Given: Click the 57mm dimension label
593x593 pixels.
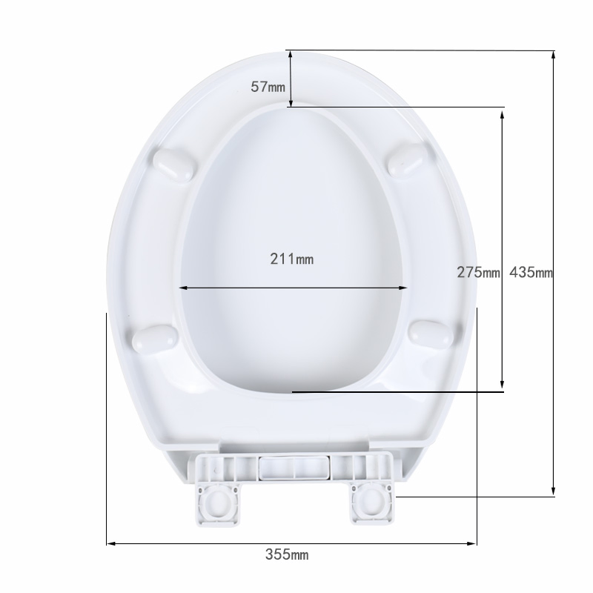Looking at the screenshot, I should click(x=268, y=87).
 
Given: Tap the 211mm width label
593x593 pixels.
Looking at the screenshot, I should click(x=291, y=259).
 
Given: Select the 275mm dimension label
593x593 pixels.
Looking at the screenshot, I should click(x=479, y=272).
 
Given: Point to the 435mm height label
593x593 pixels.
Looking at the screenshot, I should click(x=531, y=272).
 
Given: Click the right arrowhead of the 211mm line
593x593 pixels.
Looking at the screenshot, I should click(x=405, y=288).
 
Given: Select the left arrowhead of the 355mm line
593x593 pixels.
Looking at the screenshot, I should click(x=110, y=543).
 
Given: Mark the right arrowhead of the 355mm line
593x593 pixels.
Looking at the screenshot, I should click(x=474, y=543).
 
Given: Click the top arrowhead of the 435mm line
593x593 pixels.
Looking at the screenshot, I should click(x=553, y=53).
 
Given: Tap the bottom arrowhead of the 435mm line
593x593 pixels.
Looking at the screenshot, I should click(x=553, y=492).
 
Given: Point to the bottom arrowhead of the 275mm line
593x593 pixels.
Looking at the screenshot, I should click(x=503, y=386).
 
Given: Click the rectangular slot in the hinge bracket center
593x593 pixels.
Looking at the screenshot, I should click(x=294, y=469).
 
